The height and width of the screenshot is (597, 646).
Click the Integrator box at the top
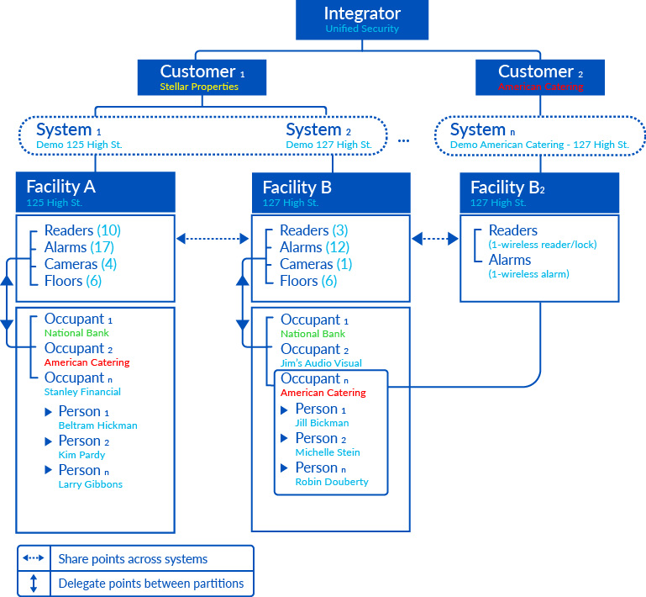coord(361,20)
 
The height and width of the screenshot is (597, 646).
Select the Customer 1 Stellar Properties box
coord(202,77)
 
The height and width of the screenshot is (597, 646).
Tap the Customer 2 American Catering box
coord(540,77)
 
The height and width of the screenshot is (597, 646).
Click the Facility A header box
coord(95,192)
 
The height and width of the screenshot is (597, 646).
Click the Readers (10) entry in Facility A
coord(82,230)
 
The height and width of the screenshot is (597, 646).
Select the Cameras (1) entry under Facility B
coord(316,264)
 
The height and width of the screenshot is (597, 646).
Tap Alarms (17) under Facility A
coord(79,247)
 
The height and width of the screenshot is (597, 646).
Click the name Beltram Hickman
coord(97,425)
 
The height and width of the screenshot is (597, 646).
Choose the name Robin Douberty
coord(331,482)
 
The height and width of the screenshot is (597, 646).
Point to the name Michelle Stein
coord(327,452)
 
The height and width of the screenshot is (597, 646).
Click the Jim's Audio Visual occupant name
coord(321,363)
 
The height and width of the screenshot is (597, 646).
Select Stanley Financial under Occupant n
coord(82,392)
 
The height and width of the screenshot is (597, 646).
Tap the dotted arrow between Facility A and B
coord(213,240)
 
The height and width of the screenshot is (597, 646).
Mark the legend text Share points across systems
coord(133,559)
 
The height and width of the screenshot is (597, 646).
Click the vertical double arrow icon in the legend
coord(34,583)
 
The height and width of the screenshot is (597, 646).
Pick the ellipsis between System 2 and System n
coord(403,140)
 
